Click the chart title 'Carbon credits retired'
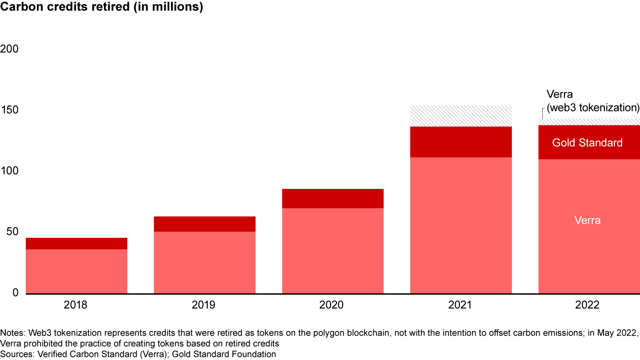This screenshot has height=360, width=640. tap(101, 8)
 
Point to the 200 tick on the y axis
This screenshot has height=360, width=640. tap(9, 49)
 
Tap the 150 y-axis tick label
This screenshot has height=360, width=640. tap(9, 110)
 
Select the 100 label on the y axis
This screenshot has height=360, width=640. tap(9, 171)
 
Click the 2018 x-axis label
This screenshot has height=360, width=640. tap(76, 305)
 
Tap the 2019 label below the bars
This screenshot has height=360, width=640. tap(204, 305)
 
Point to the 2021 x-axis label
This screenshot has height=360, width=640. tap(460, 305)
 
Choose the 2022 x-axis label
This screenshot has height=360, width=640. tap(588, 305)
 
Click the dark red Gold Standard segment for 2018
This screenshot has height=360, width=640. tap(76, 244)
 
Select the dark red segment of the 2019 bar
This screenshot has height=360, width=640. tap(204, 224)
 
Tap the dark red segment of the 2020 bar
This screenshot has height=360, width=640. tap(332, 199)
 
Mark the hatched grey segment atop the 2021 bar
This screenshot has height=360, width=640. tap(461, 116)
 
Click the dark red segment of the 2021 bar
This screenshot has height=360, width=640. tap(461, 142)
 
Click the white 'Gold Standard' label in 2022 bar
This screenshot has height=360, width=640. tap(587, 143)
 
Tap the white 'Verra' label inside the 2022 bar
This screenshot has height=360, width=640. tap(587, 220)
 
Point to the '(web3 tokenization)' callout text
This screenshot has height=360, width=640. tap(593, 108)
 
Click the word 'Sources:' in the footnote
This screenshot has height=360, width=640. tap(16, 354)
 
